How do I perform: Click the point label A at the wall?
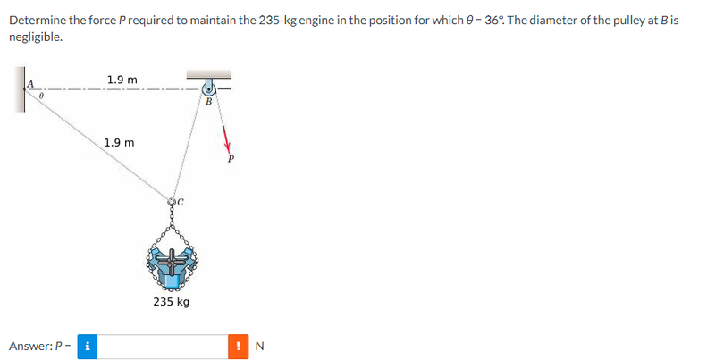pyautogui.click(x=30, y=83)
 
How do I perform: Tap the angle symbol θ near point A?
pyautogui.click(x=41, y=96)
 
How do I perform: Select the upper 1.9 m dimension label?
pyautogui.click(x=122, y=80)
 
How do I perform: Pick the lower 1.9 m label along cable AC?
pyautogui.click(x=120, y=143)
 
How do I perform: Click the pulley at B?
pyautogui.click(x=209, y=88)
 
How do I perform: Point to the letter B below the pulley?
pyautogui.click(x=209, y=101)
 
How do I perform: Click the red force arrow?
pyautogui.click(x=226, y=138)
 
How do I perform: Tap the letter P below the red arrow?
pyautogui.click(x=231, y=159)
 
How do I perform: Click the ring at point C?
pyautogui.click(x=172, y=202)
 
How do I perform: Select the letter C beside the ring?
pyautogui.click(x=181, y=202)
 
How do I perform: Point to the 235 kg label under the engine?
pyautogui.click(x=172, y=301)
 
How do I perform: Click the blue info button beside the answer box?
pyautogui.click(x=88, y=347)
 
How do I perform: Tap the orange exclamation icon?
pyautogui.click(x=238, y=347)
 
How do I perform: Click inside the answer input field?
pyautogui.click(x=163, y=347)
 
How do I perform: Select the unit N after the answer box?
pyautogui.click(x=260, y=346)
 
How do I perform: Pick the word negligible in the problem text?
pyautogui.click(x=36, y=37)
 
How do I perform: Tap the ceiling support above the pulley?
pyautogui.click(x=209, y=74)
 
